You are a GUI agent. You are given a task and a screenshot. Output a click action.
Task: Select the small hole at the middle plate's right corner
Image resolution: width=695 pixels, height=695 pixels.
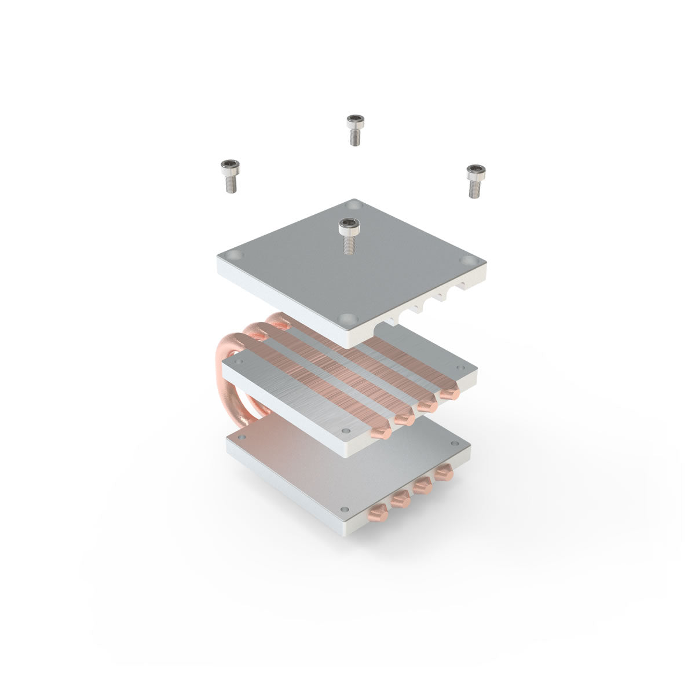coord(462,369)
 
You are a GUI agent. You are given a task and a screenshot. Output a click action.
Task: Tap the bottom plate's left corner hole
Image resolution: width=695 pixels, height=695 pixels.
coord(243,436)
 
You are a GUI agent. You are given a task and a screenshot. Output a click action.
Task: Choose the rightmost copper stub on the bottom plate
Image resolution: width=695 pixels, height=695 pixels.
coord(444,474)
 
